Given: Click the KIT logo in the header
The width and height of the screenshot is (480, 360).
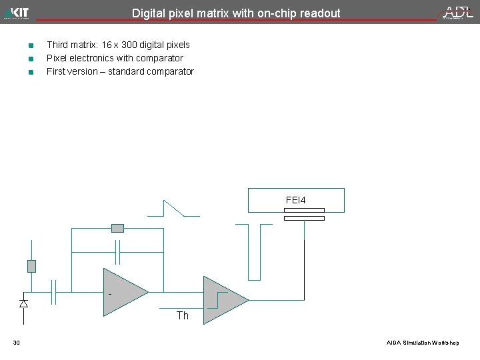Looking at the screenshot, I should (x=17, y=12).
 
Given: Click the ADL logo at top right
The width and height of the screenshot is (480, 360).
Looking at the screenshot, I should (x=459, y=12).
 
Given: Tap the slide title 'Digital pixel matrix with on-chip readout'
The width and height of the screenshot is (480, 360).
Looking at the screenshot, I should (x=236, y=13).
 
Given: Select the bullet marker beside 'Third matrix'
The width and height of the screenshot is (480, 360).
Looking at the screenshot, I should (x=31, y=45).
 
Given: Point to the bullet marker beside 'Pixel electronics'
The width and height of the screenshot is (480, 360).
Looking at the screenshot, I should (x=31, y=59).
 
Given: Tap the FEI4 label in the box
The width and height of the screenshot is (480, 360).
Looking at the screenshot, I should (x=295, y=199).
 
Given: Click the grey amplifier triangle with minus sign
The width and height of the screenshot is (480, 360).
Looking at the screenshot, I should (x=123, y=291).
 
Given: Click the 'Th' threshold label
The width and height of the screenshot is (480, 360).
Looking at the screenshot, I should (x=183, y=316).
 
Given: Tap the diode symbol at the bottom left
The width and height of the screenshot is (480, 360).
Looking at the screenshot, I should (x=24, y=303).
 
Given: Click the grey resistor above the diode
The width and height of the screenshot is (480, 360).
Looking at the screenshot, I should (x=31, y=266).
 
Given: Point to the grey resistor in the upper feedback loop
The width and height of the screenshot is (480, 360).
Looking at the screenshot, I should (x=117, y=228).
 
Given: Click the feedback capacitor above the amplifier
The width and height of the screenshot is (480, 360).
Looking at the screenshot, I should (x=117, y=252).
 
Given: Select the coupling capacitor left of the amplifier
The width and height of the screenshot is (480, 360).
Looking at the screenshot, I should (x=54, y=292).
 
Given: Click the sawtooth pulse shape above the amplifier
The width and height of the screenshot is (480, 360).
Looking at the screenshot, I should (x=173, y=207).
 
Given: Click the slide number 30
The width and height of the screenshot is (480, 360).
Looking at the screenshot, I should (x=17, y=343).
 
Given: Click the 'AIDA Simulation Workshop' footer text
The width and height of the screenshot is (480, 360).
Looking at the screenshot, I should (x=423, y=343).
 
